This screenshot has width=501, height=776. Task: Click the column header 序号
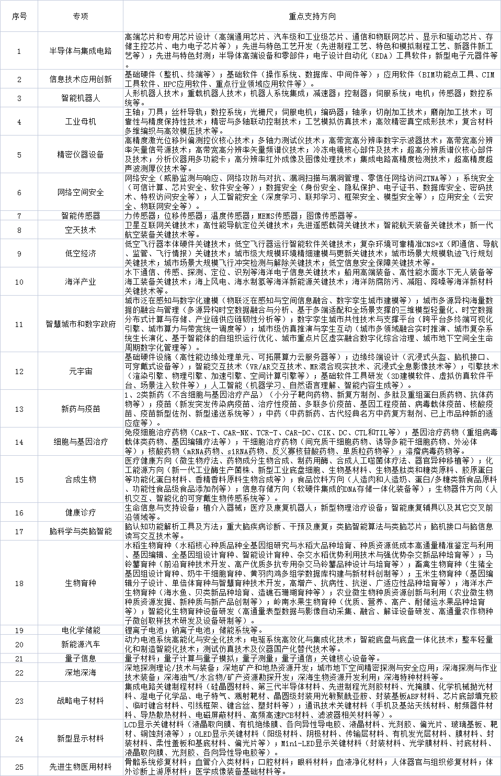[19, 16]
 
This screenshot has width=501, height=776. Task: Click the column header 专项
[81, 16]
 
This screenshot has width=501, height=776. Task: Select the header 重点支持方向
[312, 16]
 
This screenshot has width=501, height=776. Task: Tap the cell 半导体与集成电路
[81, 51]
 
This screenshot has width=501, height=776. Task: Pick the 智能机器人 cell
[81, 98]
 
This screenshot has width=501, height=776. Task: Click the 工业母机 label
[81, 122]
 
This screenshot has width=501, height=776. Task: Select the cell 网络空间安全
[81, 192]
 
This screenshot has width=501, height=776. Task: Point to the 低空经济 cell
[81, 253]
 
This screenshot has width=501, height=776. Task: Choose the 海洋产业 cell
[81, 282]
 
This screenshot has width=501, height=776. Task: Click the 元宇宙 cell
[81, 371]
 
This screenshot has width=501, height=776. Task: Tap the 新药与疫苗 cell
[81, 409]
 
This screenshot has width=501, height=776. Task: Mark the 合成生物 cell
[81, 479]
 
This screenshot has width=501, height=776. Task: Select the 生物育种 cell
[81, 583]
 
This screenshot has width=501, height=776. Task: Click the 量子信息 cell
[81, 658]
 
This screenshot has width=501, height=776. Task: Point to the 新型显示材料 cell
[81, 738]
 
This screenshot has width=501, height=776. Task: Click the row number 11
[19, 324]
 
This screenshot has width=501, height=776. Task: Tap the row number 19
[19, 630]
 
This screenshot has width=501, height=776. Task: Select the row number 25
[19, 767]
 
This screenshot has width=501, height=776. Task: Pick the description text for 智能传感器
[241, 216]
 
